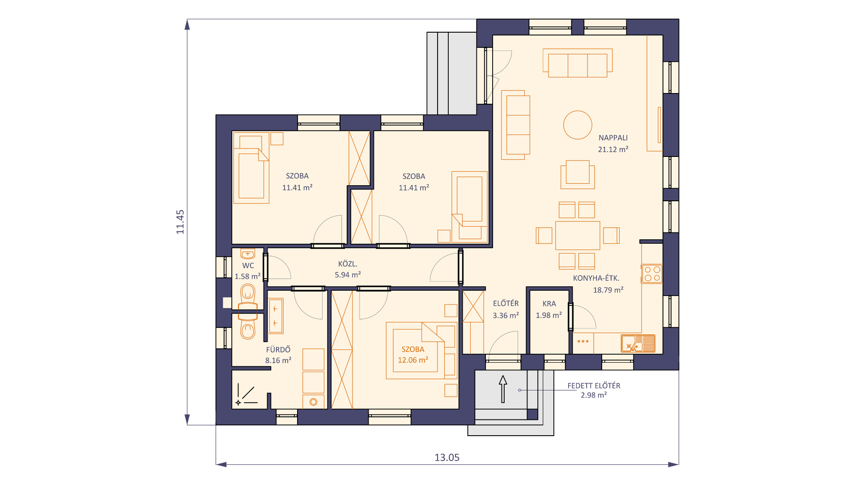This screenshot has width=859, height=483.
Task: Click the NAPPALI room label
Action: point(613,138)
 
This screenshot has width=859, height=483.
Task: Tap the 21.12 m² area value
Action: point(613,149)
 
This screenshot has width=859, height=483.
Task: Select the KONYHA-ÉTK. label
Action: point(596,278)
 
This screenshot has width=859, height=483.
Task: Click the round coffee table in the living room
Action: point(578,125)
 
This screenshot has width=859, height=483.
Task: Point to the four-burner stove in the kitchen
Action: point(652,274)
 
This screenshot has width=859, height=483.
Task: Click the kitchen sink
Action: point(638,343)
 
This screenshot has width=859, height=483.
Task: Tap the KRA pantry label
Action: point(549,304)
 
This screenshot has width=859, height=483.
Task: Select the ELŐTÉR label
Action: point(506,303)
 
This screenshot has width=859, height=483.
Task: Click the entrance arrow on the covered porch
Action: point(503,389)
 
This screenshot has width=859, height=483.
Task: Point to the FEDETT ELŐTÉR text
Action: point(594,386)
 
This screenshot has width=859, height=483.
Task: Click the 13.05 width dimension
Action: point(447,458)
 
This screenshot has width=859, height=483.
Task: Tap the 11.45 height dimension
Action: point(180,222)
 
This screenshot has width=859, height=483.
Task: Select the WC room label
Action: point(248,266)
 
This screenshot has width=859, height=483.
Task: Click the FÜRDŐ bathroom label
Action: point(278,349)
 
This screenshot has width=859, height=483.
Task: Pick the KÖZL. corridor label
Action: point(348,264)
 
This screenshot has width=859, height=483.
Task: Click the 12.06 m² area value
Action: point(413,360)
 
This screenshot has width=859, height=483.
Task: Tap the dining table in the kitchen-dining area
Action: point(578,235)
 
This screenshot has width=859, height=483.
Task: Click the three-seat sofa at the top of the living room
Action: point(578,63)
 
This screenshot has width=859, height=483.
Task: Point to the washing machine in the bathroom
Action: point(313,402)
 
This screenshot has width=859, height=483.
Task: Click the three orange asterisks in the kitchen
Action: point(583,342)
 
